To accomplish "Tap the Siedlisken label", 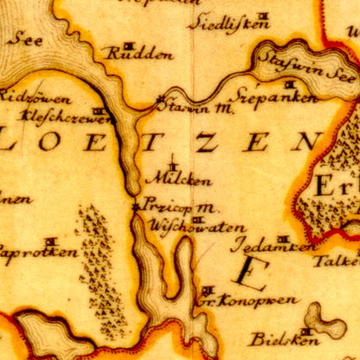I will click(x=228, y=23).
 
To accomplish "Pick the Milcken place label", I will click(x=178, y=179).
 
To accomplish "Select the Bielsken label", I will click(x=275, y=338).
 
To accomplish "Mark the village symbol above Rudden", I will click(x=129, y=43).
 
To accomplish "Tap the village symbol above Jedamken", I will click(x=282, y=237).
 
